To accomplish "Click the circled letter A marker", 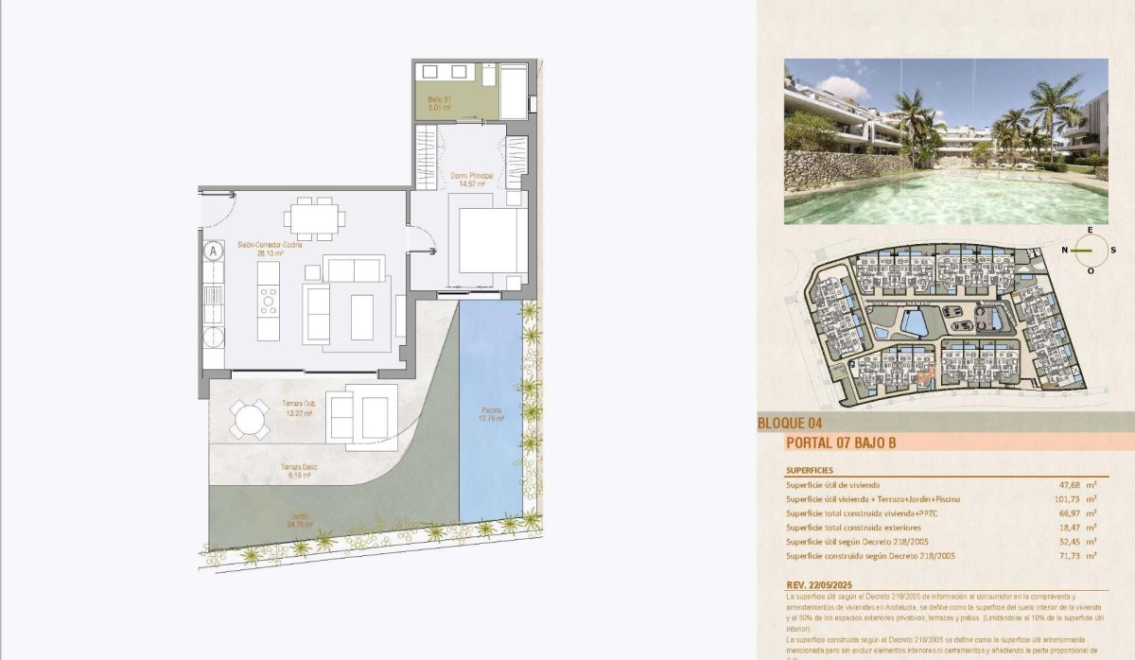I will point(214,252).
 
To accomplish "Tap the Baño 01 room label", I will point(440,103).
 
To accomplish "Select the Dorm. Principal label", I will point(472,180).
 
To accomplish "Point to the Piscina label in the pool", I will point(490,414).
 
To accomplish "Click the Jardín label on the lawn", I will point(300,520).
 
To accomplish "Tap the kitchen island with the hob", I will point(269,301).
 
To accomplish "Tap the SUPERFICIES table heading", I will point(809,470).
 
